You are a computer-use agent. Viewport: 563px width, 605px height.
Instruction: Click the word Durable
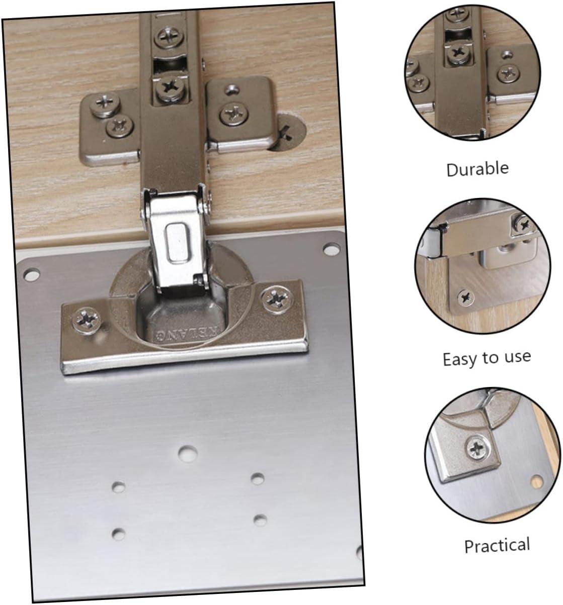[x=477, y=169]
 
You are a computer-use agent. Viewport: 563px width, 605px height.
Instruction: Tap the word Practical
[x=497, y=546]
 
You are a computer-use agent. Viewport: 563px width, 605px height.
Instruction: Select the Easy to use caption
[x=487, y=359]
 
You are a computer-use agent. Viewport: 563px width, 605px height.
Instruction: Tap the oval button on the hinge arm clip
[x=177, y=243]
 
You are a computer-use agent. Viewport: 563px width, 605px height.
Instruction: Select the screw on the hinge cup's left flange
[x=87, y=321]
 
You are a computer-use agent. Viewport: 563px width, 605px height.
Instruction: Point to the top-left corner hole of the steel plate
[x=32, y=274]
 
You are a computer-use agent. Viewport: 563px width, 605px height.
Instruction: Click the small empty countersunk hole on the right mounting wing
[x=232, y=89]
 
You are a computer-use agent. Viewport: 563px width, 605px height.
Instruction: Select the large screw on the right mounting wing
[x=234, y=114]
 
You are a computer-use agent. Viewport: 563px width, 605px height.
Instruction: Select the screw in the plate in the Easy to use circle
[x=466, y=296]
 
